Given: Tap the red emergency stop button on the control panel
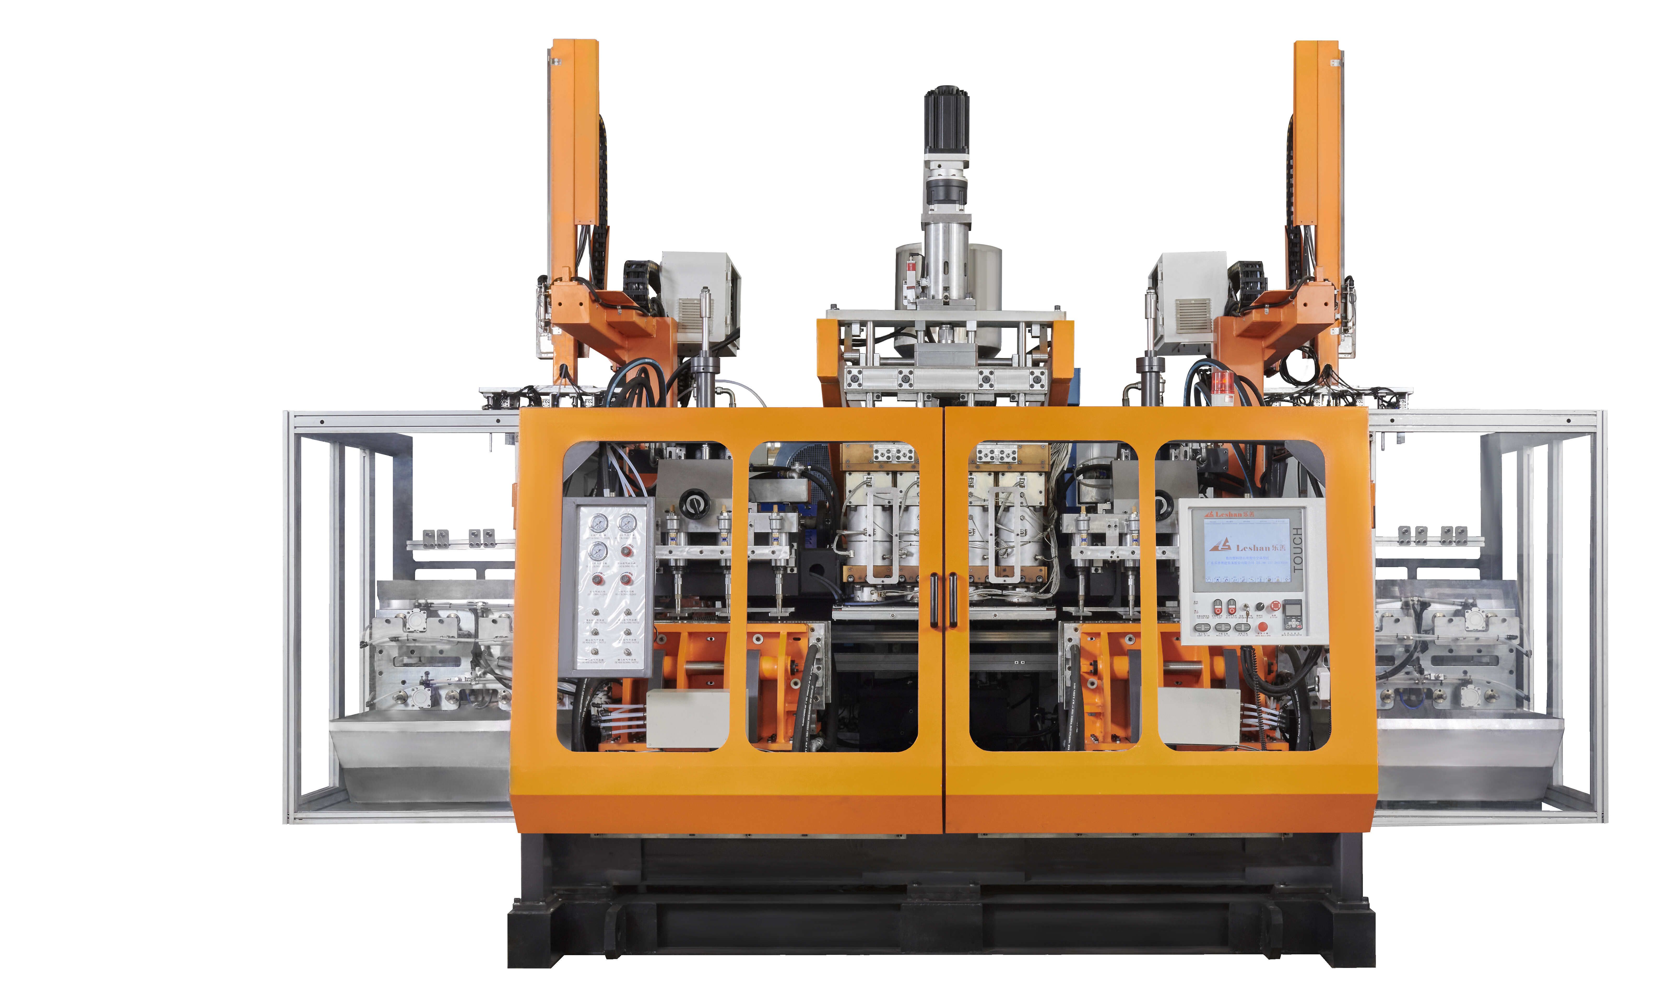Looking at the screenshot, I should point(1275,606).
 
